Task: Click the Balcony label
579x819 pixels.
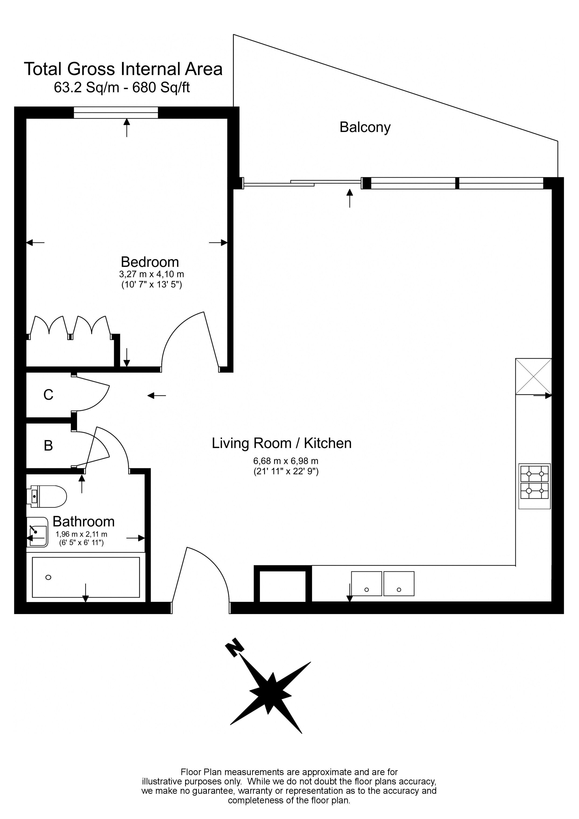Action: click(365, 127)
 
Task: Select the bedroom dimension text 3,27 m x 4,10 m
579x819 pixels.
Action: click(151, 274)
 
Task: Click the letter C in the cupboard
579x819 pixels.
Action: click(48, 395)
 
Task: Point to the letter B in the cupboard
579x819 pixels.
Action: click(48, 446)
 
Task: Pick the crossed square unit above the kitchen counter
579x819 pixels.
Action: click(533, 376)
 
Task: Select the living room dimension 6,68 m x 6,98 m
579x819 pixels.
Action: click(285, 461)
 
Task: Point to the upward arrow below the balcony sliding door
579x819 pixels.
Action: click(349, 198)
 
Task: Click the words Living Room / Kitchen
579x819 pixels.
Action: click(282, 443)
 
